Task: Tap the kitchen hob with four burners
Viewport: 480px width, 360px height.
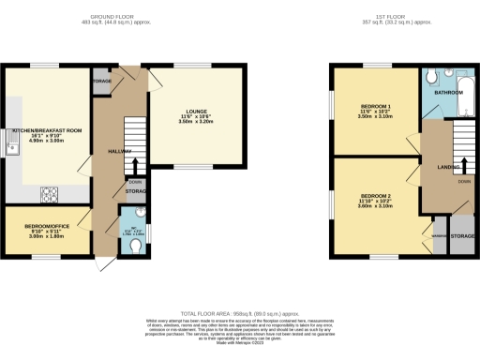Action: pyautogui.click(x=49, y=195)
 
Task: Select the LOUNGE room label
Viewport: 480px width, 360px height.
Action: pyautogui.click(x=197, y=112)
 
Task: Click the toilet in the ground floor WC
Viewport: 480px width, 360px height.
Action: pyautogui.click(x=136, y=247)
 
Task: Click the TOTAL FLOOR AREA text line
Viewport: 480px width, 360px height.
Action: pyautogui.click(x=239, y=313)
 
